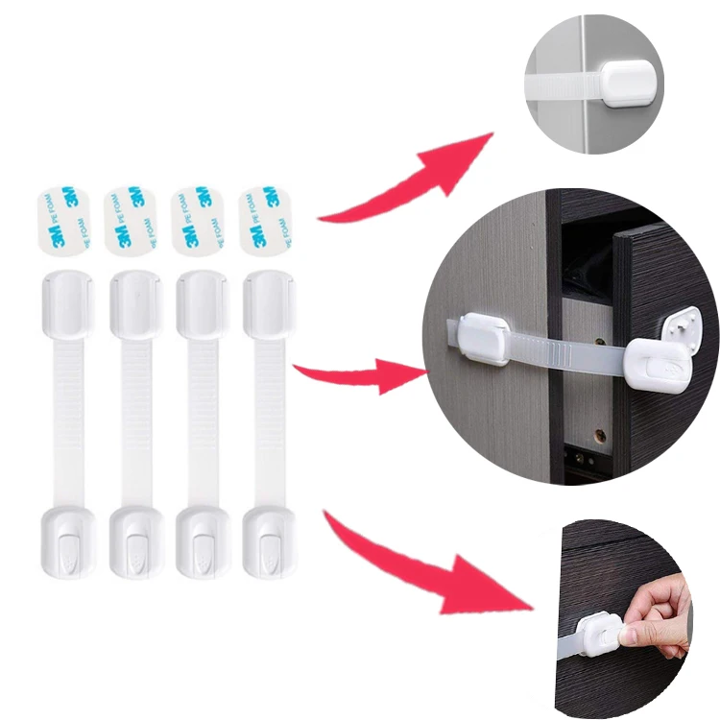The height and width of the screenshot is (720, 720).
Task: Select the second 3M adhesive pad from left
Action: [x=131, y=220]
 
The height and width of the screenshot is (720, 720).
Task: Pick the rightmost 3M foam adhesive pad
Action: [x=264, y=220]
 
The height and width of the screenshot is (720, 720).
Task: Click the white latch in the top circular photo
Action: [x=629, y=84]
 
